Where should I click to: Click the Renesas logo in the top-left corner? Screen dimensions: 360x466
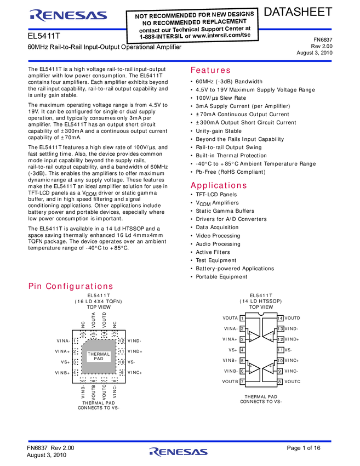tap(68, 15)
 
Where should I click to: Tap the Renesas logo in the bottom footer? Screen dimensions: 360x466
tap(178, 452)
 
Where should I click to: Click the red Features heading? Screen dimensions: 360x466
tap(210, 70)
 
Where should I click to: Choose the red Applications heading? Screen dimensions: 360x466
tap(219, 185)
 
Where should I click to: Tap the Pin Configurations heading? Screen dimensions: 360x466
tap(71, 286)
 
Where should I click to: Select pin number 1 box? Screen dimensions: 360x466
tap(242, 319)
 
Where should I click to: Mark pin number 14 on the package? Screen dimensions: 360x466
tap(279, 319)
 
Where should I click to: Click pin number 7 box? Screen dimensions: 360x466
tap(242, 382)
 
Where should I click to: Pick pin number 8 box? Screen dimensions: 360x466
tap(279, 382)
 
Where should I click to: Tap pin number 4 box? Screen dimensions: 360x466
tap(242, 350)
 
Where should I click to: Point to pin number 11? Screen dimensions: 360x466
tap(280, 350)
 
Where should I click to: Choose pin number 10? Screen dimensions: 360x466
tap(280, 361)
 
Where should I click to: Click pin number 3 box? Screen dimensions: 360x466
tap(242, 339)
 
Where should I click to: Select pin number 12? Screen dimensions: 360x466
tap(280, 339)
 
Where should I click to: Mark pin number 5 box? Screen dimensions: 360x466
tap(242, 361)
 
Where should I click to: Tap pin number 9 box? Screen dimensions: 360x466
tap(279, 371)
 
